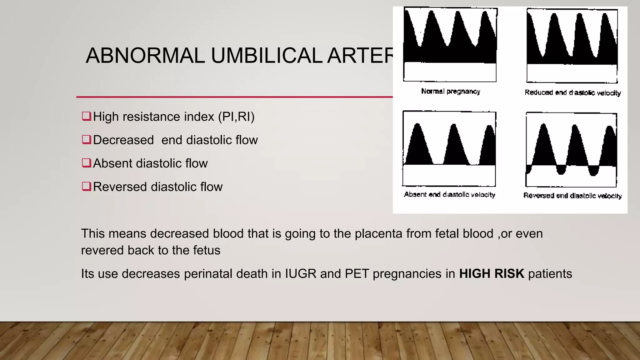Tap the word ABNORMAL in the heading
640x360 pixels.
[145, 56]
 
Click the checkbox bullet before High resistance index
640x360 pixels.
[86, 116]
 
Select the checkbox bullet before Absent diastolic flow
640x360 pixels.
[86, 163]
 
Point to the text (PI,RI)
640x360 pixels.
[236, 117]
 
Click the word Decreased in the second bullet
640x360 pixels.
[123, 140]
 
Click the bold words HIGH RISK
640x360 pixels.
[491, 274]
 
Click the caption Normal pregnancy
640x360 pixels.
[450, 91]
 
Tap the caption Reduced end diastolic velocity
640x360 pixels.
[572, 93]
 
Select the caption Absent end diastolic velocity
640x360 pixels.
[449, 195]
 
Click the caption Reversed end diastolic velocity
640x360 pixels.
[572, 196]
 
